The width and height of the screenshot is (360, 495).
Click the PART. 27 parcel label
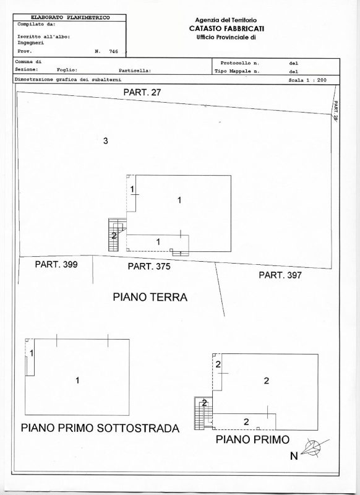pos(142,92)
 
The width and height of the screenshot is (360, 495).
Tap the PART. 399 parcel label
pos(56,264)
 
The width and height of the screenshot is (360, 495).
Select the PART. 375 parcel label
pos(149,267)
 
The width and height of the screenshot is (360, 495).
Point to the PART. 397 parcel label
pos(280,275)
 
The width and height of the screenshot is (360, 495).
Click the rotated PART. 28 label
pos(336,111)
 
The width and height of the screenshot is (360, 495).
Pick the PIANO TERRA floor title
pos(150,297)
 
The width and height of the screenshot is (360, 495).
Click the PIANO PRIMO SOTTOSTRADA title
pos(100,428)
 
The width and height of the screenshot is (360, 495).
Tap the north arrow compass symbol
pos(315,447)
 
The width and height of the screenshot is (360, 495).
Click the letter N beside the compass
pos(294,456)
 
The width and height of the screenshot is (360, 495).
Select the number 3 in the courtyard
pos(106,141)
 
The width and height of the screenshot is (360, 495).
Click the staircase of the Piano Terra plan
pos(114,235)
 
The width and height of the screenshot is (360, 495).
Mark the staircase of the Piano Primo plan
pos(200,413)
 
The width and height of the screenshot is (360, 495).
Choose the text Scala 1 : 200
pos(307,80)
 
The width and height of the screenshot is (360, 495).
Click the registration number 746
pos(113,51)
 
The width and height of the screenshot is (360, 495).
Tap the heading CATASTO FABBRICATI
pos(226,28)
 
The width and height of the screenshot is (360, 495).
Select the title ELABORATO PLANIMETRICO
pos(70,18)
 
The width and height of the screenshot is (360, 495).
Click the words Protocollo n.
pos(240,63)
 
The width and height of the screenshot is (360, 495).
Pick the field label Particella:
pos(135,71)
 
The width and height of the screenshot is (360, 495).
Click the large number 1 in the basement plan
pos(77,381)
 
